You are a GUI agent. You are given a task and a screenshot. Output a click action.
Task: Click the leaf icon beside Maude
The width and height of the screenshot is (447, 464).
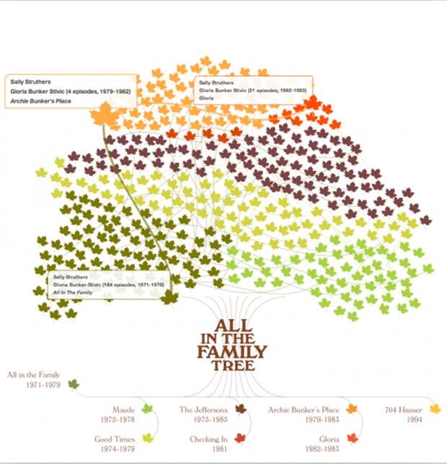pos(148,409)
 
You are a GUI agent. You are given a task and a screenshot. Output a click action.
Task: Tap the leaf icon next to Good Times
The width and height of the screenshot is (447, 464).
pos(148,438)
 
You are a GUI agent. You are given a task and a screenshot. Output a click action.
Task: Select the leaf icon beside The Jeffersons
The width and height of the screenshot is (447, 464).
pos(241,409)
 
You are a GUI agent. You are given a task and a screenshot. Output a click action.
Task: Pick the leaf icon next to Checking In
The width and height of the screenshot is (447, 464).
pos(241,438)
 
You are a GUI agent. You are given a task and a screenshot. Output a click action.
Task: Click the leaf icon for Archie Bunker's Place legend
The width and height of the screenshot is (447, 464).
pos(352,409)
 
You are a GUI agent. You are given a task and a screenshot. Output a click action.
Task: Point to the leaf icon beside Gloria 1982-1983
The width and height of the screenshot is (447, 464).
pos(352,438)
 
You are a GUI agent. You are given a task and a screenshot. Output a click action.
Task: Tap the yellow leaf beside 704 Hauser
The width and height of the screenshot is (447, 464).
pos(435,409)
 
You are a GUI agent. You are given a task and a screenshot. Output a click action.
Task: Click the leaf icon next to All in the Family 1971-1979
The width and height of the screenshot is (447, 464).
pos(73,383)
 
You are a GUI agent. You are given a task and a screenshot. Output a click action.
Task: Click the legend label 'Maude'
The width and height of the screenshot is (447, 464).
pos(123,410)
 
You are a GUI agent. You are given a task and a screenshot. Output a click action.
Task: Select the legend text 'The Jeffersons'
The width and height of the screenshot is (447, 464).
pos(203,410)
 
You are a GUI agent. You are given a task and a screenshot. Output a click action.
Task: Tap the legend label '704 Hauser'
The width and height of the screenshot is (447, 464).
pos(404,410)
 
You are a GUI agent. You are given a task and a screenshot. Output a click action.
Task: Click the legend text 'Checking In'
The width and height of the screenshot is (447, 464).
pos(208,438)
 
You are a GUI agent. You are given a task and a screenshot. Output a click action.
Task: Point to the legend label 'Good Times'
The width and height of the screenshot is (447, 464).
pos(115,438)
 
